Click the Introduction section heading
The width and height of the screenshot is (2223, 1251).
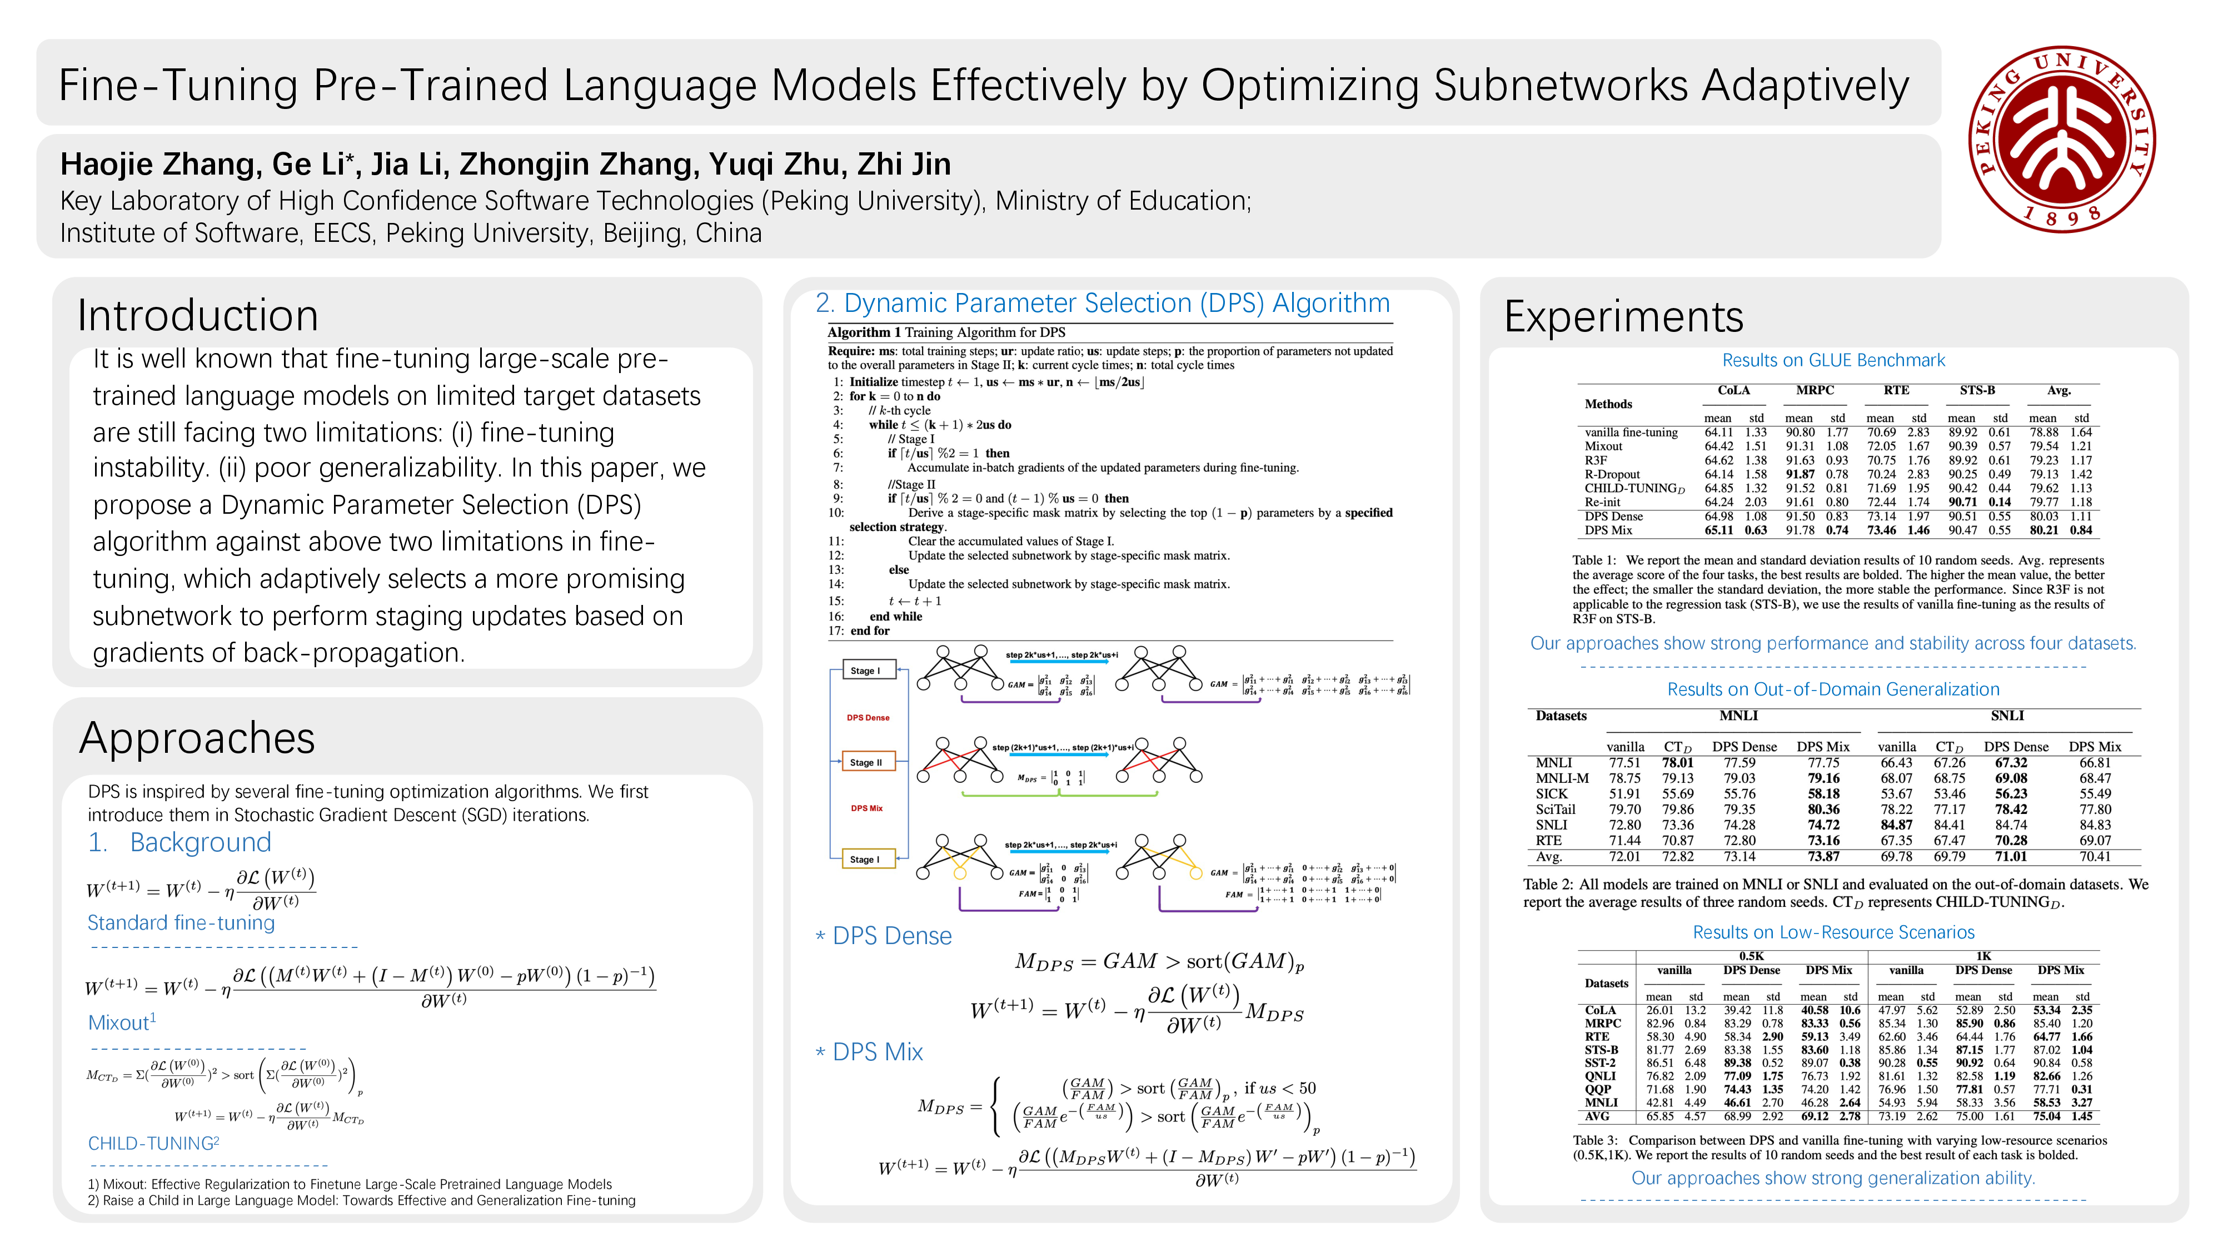pyautogui.click(x=198, y=315)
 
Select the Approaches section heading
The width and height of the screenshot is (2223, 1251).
pyautogui.click(x=198, y=738)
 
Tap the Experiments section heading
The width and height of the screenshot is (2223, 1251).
pyautogui.click(x=1623, y=317)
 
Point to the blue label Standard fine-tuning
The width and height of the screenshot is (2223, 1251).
pyautogui.click(x=181, y=923)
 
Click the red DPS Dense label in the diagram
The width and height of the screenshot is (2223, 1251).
pyautogui.click(x=868, y=717)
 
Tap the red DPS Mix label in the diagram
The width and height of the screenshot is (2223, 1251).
pyautogui.click(x=866, y=808)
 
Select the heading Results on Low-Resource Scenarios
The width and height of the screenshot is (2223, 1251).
pyautogui.click(x=1833, y=932)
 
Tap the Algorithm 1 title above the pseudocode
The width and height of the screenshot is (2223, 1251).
pyautogui.click(x=946, y=332)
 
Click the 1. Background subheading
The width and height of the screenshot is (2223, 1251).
pyautogui.click(x=180, y=843)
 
